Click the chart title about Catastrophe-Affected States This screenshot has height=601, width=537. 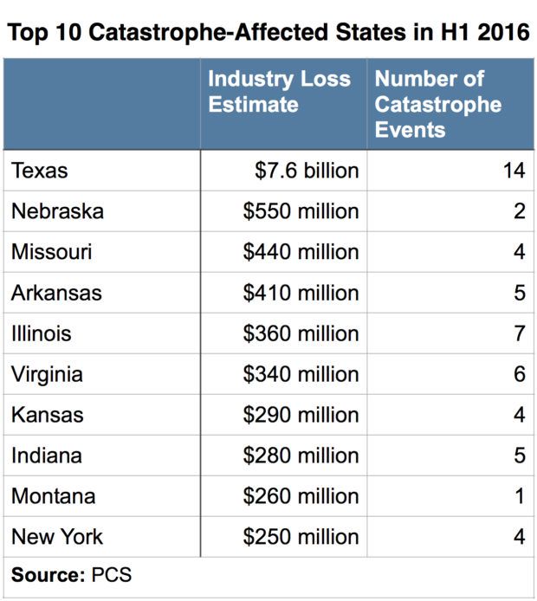(268, 33)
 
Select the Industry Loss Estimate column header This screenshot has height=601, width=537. (279, 92)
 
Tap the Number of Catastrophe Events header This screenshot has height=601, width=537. (437, 104)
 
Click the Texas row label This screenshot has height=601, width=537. (40, 171)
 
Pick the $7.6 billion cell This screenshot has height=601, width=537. (307, 171)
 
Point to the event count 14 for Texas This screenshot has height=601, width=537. (513, 171)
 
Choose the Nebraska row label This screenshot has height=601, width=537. (57, 211)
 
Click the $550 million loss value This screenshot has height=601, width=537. (301, 211)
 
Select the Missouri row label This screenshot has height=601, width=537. (52, 252)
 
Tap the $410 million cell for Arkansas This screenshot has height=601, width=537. (301, 293)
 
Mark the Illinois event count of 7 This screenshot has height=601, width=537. (519, 333)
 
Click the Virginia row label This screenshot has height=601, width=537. (48, 374)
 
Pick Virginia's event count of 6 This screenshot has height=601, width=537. (519, 374)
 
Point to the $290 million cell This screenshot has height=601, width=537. (301, 415)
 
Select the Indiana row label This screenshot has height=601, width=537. (47, 456)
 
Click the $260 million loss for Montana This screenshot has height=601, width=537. (301, 496)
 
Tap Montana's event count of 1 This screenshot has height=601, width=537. (519, 496)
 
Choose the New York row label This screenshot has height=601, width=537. (57, 537)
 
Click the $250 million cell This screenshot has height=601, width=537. (301, 537)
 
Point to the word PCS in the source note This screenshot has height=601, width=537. (112, 573)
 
